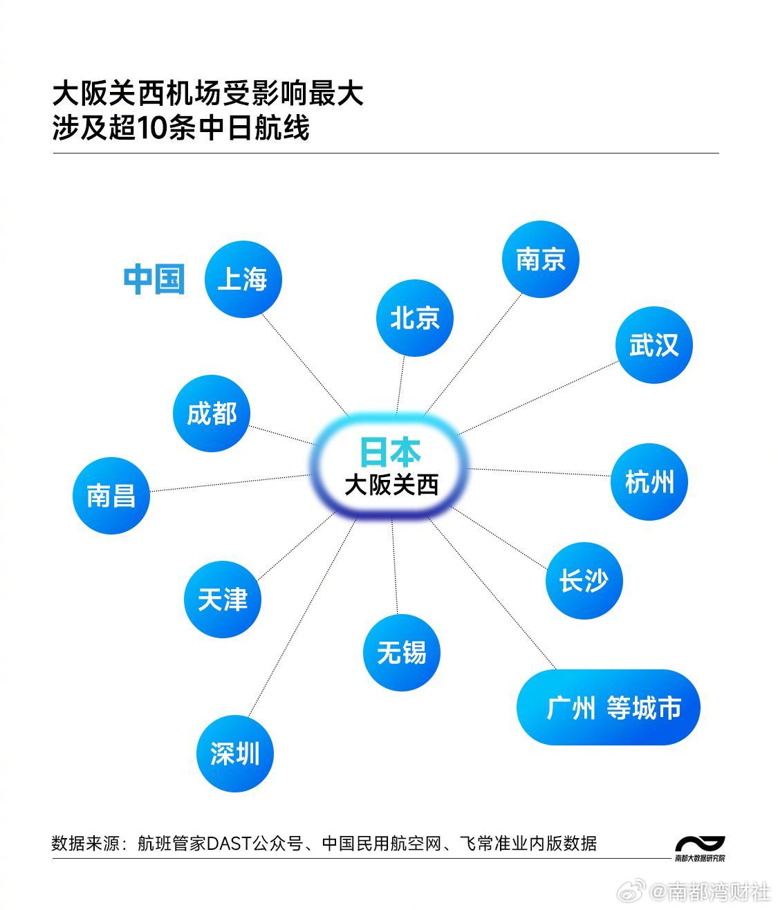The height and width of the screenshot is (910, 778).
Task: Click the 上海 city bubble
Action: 243,279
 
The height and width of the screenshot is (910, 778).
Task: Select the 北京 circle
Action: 415,318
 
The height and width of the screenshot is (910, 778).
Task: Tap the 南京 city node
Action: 540,259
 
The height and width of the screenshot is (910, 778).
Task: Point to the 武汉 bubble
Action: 654,345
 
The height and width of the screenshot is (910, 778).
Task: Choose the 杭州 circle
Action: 649,482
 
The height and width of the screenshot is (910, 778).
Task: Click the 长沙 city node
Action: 584,580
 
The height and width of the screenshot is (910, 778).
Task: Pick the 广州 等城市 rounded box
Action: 609,707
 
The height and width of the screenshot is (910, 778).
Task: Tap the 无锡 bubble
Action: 402,652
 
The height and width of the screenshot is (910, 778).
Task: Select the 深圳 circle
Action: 236,753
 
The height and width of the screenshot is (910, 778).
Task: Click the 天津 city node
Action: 223,599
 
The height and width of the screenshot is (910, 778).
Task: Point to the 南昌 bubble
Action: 111,495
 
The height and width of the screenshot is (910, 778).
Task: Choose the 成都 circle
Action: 212,414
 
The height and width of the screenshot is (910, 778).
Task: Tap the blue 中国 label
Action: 154,279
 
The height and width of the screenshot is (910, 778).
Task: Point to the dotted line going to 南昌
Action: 228,483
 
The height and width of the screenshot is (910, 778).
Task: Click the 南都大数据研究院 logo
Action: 700,848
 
